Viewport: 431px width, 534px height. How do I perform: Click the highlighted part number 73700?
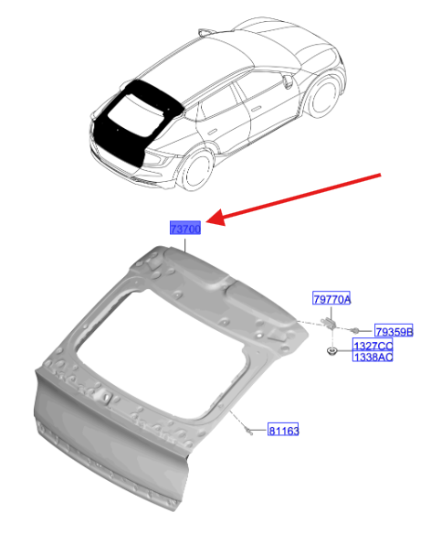[185, 228]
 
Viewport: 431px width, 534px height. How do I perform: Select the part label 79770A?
[331, 298]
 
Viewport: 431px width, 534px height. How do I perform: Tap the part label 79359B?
[394, 330]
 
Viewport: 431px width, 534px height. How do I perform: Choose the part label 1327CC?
[373, 345]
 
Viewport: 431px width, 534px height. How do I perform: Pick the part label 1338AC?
[373, 356]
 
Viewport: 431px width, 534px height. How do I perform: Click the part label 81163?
[283, 430]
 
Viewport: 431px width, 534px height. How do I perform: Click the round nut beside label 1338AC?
[331, 351]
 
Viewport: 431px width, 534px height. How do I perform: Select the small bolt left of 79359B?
[354, 330]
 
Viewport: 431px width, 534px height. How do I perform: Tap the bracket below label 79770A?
[329, 323]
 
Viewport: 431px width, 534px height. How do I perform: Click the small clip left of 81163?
[248, 431]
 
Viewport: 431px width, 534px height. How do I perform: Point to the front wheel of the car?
[323, 95]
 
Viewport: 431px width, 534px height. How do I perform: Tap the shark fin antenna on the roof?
[205, 32]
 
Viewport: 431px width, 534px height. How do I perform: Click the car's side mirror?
[288, 81]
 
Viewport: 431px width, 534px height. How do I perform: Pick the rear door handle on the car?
[213, 132]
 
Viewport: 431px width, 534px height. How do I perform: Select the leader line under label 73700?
[185, 245]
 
